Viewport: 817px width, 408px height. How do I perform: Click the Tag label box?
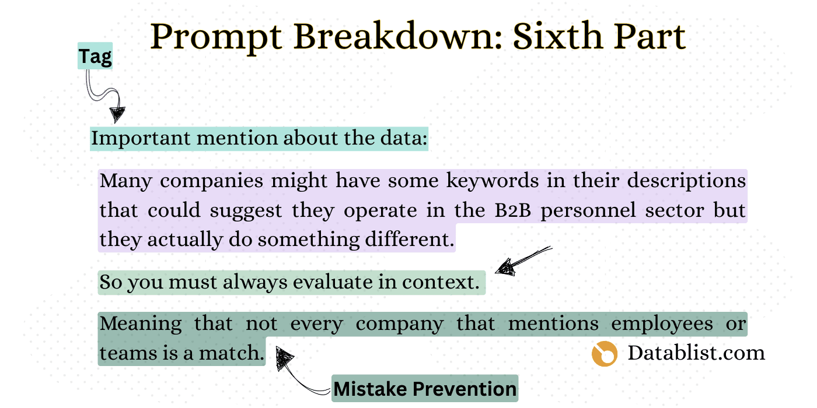[95, 57]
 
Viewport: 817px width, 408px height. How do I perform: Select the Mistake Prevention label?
[425, 389]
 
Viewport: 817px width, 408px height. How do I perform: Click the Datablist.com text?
[696, 353]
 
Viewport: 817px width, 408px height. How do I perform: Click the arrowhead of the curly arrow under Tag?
[117, 113]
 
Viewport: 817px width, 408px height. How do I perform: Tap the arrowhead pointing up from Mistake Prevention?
[284, 357]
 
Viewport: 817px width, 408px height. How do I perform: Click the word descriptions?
[687, 181]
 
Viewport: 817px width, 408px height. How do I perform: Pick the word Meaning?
[141, 323]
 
